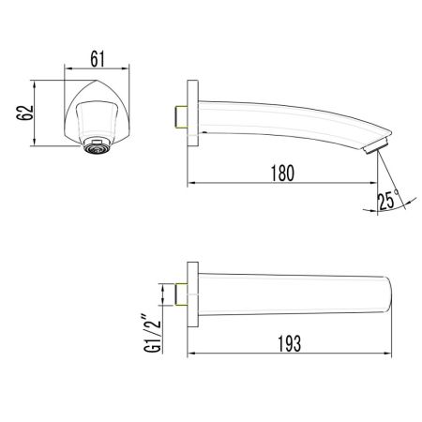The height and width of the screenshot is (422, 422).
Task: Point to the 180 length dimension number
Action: pos(284,173)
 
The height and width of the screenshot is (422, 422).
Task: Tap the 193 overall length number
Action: pos(290,343)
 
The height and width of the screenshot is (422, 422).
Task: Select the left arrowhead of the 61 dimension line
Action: pos(66,68)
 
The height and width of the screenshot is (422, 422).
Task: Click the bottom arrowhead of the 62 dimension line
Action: pos(35,143)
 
